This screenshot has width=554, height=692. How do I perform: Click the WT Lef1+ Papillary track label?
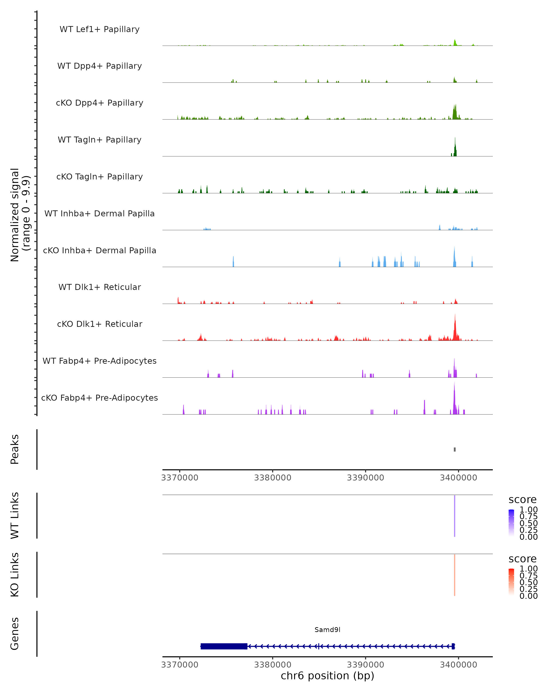(x=99, y=29)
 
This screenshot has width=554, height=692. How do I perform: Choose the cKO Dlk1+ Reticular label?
(x=99, y=324)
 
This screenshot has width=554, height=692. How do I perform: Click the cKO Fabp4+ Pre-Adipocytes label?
(x=99, y=398)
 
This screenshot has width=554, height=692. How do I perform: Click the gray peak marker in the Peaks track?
(x=455, y=449)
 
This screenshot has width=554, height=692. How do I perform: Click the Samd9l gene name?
(x=327, y=630)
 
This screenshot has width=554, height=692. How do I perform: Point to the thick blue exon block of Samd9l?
(x=224, y=646)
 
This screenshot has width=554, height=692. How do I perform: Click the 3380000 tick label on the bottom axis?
(x=273, y=665)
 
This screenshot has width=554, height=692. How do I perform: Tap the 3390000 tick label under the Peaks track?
(x=365, y=478)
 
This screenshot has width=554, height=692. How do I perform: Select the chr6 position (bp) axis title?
(x=327, y=676)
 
